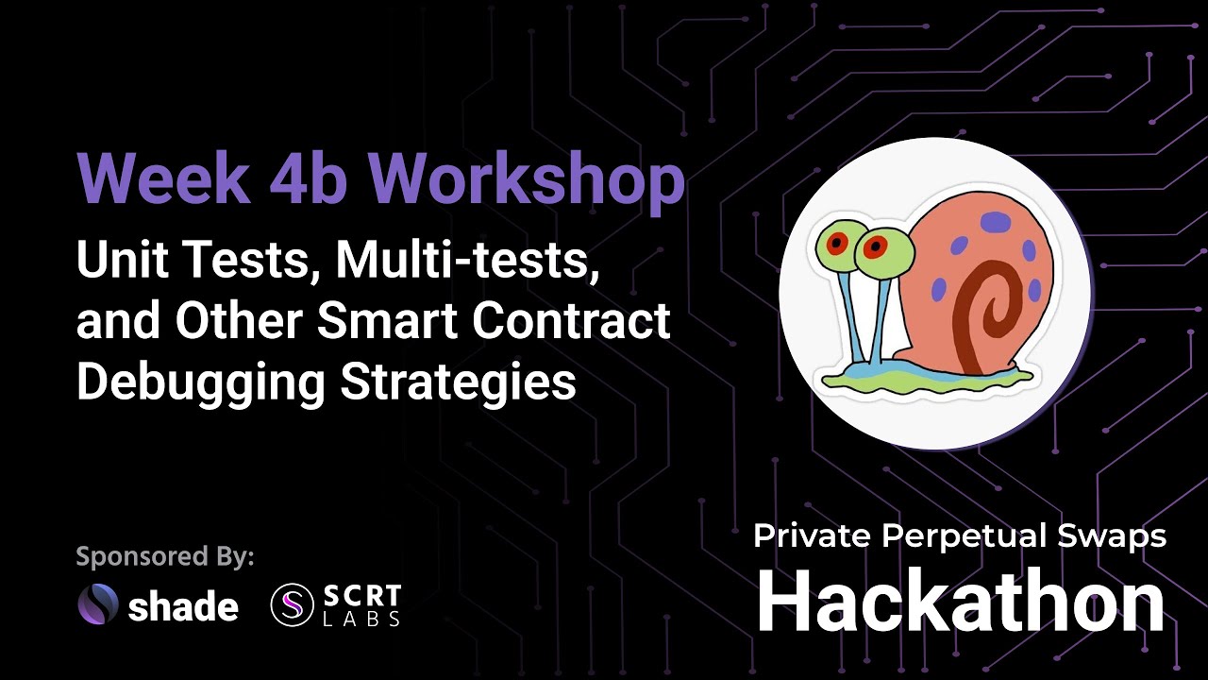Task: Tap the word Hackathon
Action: tap(961, 603)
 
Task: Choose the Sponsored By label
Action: tap(165, 556)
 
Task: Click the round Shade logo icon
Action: tap(98, 605)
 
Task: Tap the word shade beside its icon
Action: tap(183, 606)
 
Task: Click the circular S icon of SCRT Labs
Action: tap(292, 605)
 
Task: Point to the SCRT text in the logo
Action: tap(362, 597)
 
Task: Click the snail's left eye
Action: tap(837, 242)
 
